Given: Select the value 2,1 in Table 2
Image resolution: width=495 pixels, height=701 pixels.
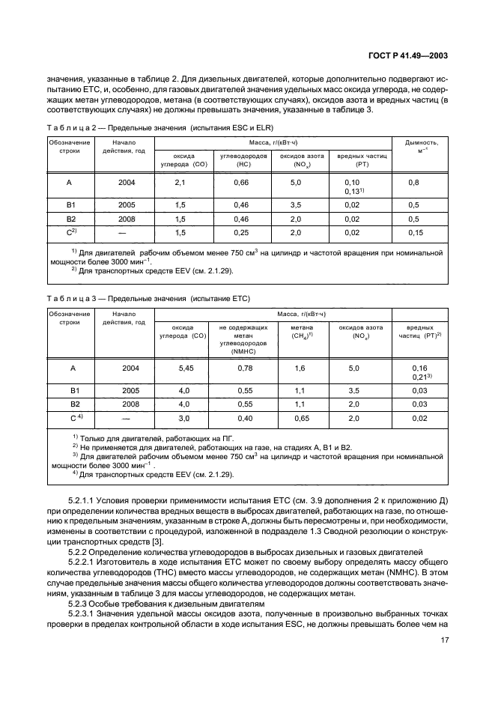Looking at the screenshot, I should click(180, 182).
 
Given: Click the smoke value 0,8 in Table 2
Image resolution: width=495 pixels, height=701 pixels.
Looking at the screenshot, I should click(413, 182).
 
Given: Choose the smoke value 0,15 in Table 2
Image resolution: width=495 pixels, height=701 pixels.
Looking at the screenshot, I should click(415, 233).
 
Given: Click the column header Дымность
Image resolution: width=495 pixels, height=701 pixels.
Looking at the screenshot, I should click(421, 142).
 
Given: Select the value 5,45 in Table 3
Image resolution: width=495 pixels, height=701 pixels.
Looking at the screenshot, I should click(186, 368).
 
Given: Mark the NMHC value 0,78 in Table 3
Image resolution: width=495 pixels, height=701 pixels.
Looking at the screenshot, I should click(244, 368).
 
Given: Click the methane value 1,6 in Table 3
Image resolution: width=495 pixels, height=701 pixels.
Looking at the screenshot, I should click(300, 368).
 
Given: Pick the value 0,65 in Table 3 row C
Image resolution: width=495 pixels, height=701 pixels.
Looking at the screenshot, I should click(300, 418).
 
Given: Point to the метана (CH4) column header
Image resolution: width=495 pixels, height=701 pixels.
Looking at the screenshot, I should click(301, 331).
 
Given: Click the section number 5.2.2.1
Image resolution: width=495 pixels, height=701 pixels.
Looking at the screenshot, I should click(83, 562).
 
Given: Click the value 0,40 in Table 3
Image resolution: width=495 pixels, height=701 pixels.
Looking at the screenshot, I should click(244, 418).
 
